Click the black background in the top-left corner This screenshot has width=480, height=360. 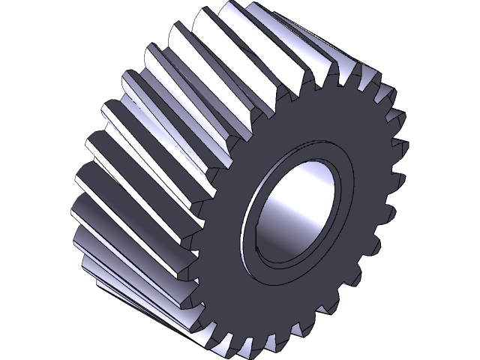pos(22,22)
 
